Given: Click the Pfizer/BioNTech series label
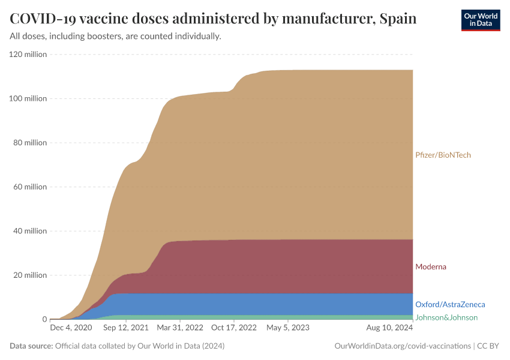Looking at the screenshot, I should pyautogui.click(x=443, y=155).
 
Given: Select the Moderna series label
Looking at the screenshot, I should pyautogui.click(x=430, y=266).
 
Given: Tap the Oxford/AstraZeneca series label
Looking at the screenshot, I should pyautogui.click(x=450, y=304).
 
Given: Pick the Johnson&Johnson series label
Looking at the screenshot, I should pyautogui.click(x=446, y=317).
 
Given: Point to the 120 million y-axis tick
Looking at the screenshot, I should pyautogui.click(x=28, y=55).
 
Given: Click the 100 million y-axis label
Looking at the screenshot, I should pyautogui.click(x=28, y=98).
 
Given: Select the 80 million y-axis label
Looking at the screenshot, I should pyautogui.click(x=30, y=143).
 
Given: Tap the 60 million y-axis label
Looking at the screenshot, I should pyautogui.click(x=30, y=187).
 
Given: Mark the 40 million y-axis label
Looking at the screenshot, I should pyautogui.click(x=30, y=231).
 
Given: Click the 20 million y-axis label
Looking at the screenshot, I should pyautogui.click(x=30, y=275).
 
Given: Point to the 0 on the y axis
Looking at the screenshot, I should pyautogui.click(x=44, y=319).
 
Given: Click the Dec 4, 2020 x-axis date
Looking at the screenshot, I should pyautogui.click(x=71, y=328).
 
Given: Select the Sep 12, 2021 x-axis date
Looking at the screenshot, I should pyautogui.click(x=126, y=328).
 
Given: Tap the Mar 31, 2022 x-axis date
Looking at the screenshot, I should pyautogui.click(x=179, y=328).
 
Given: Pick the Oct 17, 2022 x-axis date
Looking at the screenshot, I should pyautogui.click(x=233, y=328).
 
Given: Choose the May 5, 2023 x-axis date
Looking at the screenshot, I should pyautogui.click(x=287, y=328).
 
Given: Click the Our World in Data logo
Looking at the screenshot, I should pyautogui.click(x=481, y=20).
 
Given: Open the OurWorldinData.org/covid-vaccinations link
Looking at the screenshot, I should pyautogui.click(x=401, y=346).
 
